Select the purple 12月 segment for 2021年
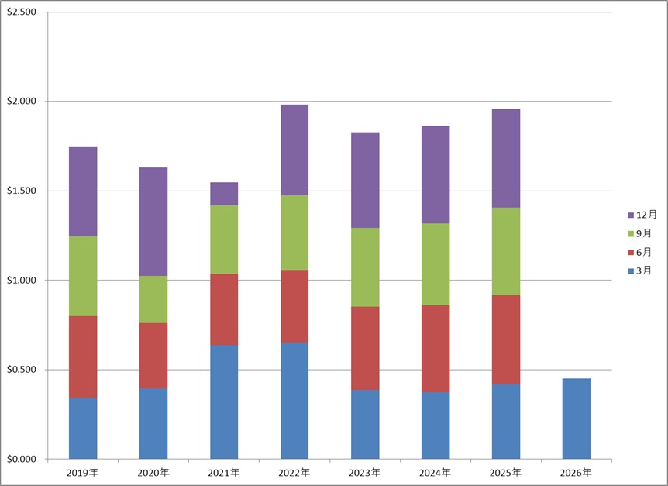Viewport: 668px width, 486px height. coord(224,194)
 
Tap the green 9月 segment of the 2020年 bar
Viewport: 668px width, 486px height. coord(153,299)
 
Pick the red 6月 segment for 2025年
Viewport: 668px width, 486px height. coord(506,340)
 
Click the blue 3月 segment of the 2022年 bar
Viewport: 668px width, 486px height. coord(294,400)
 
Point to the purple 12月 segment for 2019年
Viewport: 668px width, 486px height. coord(83,191)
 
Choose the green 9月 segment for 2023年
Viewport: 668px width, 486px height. coord(365,267)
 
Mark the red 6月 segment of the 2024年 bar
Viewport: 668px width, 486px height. coord(436,348)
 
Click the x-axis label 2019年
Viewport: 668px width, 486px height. coord(83,472)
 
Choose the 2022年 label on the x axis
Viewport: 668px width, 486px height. coord(294,472)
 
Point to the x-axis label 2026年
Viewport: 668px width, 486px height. coord(576,472)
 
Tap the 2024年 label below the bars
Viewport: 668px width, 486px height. coord(436,472)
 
